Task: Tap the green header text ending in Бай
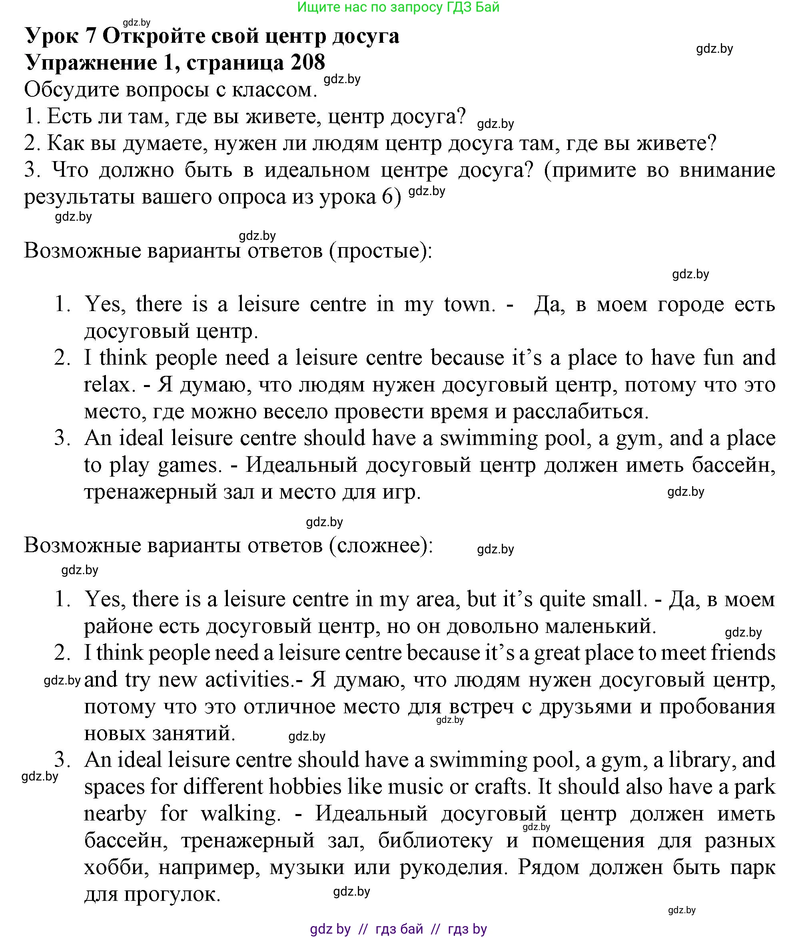click(x=399, y=7)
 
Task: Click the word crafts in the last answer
click(x=501, y=786)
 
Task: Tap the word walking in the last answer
click(x=238, y=813)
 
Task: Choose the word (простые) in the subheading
click(x=381, y=250)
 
